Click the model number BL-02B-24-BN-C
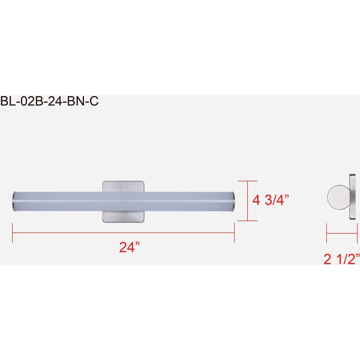(x=49, y=101)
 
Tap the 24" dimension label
(x=129, y=247)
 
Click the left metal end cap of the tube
(x=14, y=201)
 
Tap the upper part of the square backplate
(x=123, y=186)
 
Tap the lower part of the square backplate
(x=123, y=217)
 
